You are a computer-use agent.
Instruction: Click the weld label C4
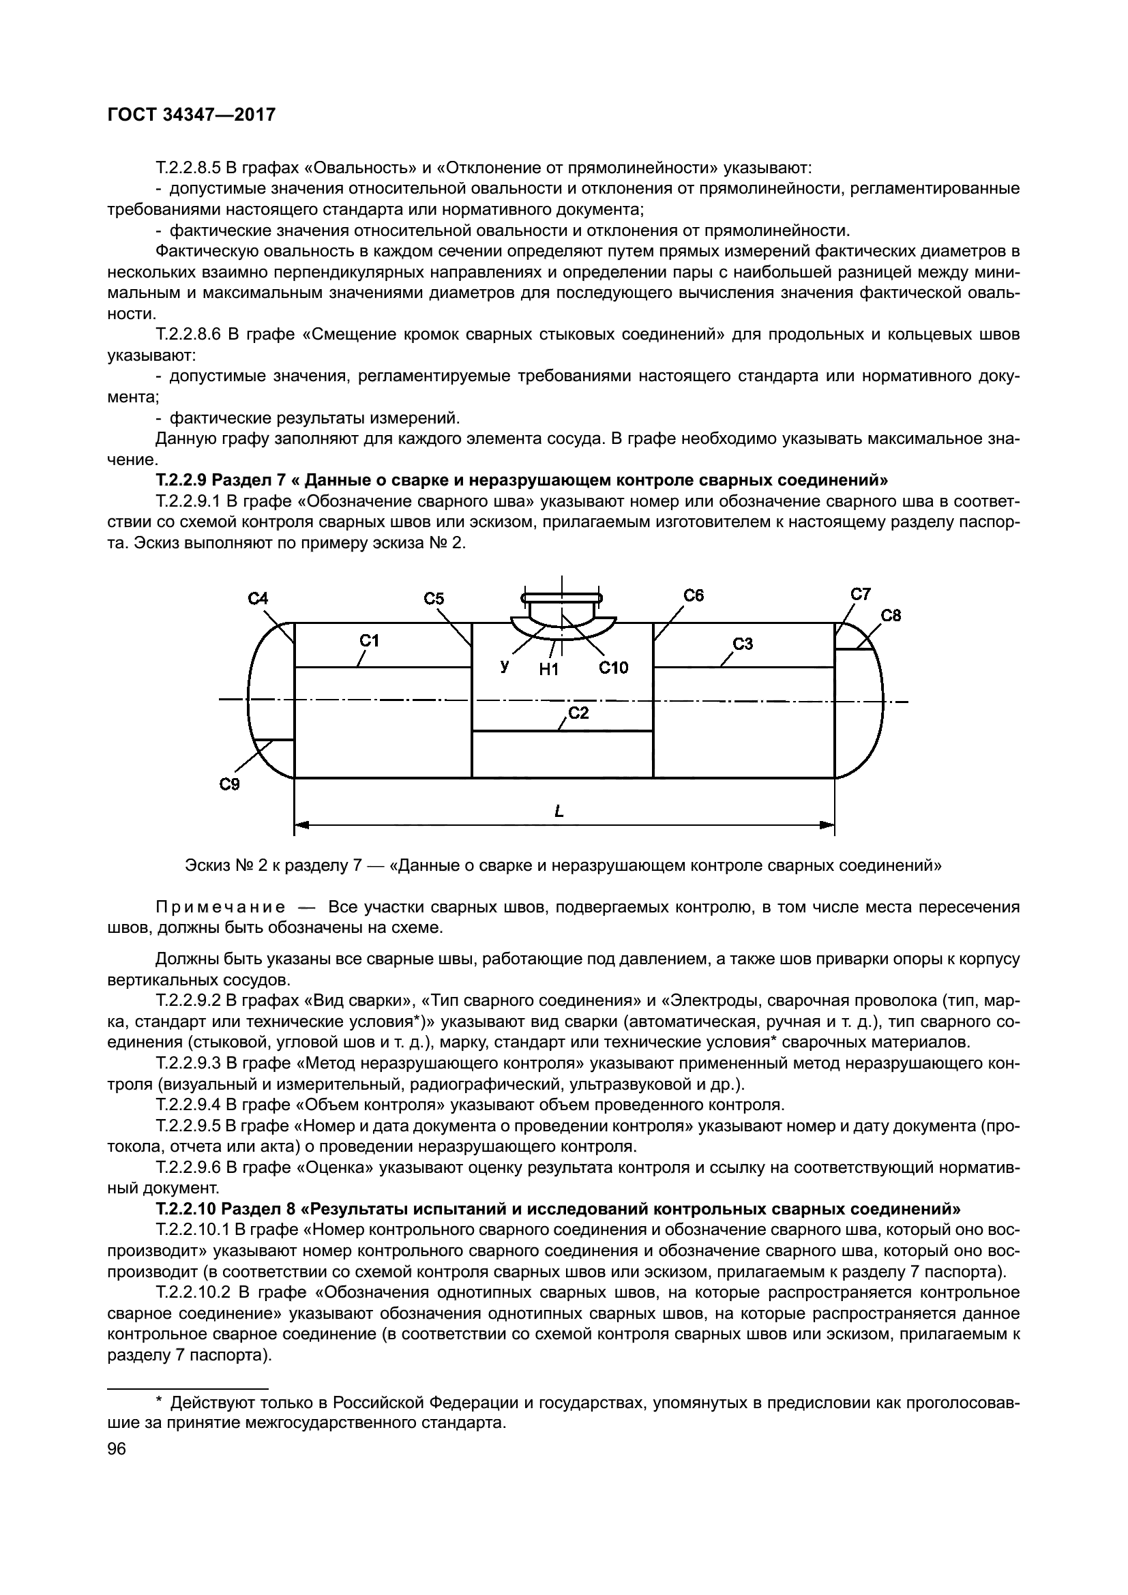[258, 599]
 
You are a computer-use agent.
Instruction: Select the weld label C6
[693, 595]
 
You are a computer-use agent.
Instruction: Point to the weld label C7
[861, 594]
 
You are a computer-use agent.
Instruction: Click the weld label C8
[891, 616]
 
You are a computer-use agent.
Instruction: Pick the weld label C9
[229, 784]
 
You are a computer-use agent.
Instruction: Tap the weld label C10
[613, 668]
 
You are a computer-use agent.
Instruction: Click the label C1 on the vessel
[370, 640]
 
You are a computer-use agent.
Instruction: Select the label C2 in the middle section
[578, 713]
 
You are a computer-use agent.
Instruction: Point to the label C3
[743, 644]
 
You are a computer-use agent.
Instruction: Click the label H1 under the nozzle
[549, 670]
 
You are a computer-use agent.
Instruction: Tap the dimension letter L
[559, 811]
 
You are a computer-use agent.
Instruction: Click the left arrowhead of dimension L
[301, 825]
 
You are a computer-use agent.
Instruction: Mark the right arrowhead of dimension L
[827, 825]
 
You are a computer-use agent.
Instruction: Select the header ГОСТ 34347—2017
[192, 115]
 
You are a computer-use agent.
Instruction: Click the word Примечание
[220, 907]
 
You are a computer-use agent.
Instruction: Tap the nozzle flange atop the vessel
[562, 597]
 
